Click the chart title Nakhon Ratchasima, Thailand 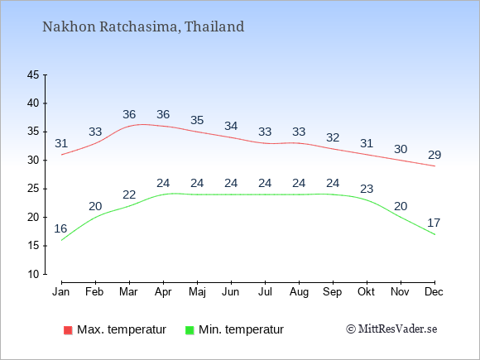click(143, 26)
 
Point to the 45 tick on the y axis click(33, 74)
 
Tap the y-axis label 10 click(33, 274)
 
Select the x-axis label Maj click(197, 292)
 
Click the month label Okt click(366, 292)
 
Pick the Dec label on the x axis click(434, 292)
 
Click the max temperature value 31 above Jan click(61, 143)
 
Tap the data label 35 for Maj click(197, 120)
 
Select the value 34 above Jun click(231, 126)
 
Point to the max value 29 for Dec click(434, 155)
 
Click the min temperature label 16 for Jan click(60, 228)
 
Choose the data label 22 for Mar click(129, 194)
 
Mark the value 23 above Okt click(367, 189)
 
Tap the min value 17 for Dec click(434, 223)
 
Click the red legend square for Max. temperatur click(68, 330)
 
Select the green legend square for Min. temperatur click(190, 330)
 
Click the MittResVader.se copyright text click(391, 329)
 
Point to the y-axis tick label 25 click(33, 189)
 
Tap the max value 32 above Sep click(333, 137)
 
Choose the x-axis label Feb click(94, 292)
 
